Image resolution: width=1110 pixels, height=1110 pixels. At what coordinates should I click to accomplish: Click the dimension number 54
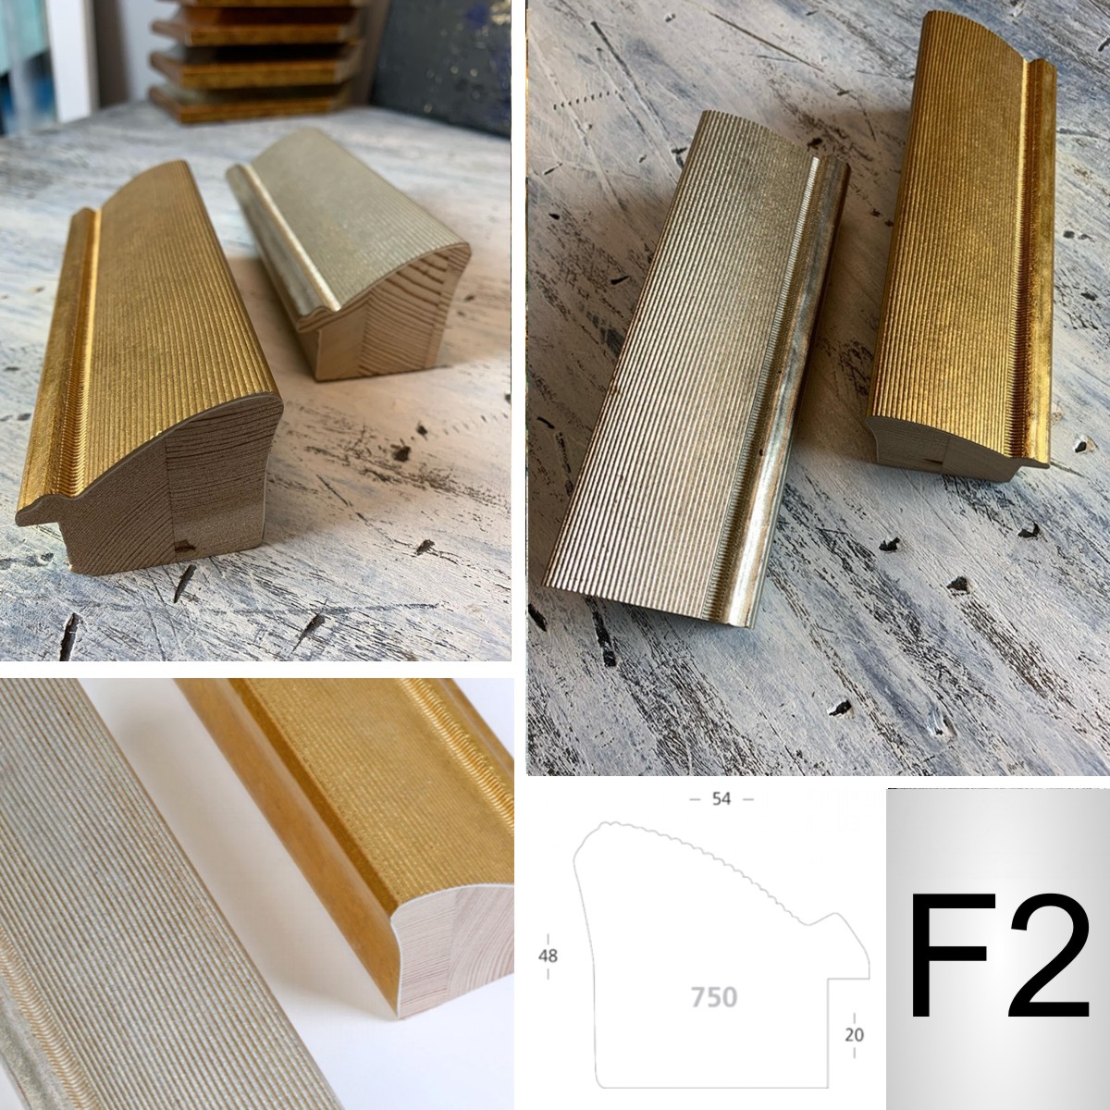721,798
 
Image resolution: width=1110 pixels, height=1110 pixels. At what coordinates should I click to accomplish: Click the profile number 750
714,997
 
